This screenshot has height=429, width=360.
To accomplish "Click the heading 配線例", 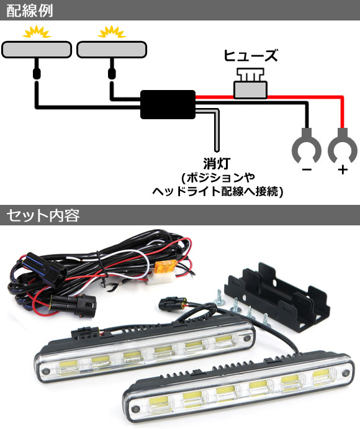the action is [x=30, y=11].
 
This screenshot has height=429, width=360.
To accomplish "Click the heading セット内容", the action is [x=43, y=215].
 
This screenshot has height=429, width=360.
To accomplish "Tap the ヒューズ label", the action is [x=251, y=55].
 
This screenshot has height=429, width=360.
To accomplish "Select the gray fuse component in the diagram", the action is [x=251, y=84].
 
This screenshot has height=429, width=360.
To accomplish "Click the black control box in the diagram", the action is [x=168, y=104].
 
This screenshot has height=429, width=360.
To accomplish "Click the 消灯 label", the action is [x=217, y=163].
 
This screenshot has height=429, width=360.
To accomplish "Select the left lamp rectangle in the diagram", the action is [x=37, y=50].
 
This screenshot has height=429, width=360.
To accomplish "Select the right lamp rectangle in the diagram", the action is [x=112, y=50].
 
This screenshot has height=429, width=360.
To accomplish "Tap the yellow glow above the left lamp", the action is [x=37, y=32].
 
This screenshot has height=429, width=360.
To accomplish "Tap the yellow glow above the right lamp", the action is [x=112, y=32].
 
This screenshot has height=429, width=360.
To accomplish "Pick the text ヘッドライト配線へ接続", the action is [x=215, y=191].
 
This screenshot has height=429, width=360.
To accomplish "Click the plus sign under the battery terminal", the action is [x=343, y=170].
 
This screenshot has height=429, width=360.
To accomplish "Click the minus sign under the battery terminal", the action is [x=307, y=170].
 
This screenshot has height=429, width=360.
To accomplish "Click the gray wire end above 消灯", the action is [x=217, y=149].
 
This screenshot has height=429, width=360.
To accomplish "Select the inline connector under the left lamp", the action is [x=37, y=73].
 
